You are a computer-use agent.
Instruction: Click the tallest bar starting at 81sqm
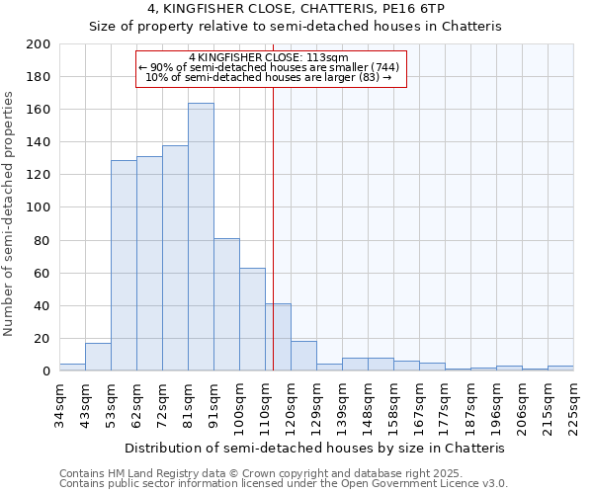tap(201, 237)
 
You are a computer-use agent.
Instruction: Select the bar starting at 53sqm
tap(124, 265)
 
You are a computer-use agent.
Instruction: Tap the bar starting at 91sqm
tap(226, 304)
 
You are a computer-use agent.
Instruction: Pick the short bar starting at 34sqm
tap(72, 368)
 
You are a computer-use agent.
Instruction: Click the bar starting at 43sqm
tap(98, 357)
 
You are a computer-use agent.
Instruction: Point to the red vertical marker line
tap(273, 247)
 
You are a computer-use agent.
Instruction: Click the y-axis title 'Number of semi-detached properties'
tap(9, 213)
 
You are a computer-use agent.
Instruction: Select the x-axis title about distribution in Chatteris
tap(315, 448)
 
